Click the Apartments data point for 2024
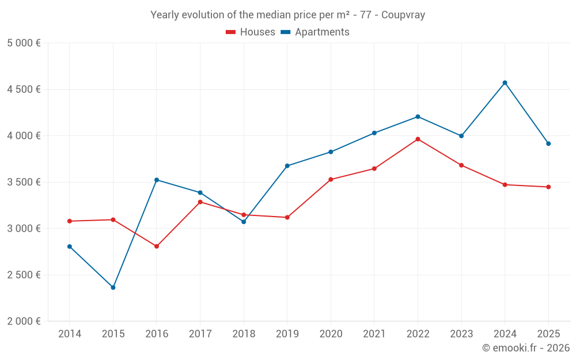pyautogui.click(x=505, y=83)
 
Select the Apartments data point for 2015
pyautogui.click(x=113, y=287)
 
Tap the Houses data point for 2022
pyautogui.click(x=418, y=139)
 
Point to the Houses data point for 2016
pyautogui.click(x=157, y=247)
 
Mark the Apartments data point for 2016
pyautogui.click(x=157, y=180)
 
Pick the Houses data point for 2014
pyautogui.click(x=70, y=221)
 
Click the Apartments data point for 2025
pyautogui.click(x=548, y=143)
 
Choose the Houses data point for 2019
pyautogui.click(x=287, y=217)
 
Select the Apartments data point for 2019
pyautogui.click(x=287, y=166)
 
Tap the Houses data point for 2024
pyautogui.click(x=505, y=185)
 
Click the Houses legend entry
pyautogui.click(x=251, y=32)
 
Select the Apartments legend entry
pyautogui.click(x=315, y=32)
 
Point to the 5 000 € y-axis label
pyautogui.click(x=24, y=43)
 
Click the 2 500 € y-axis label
pyautogui.click(x=24, y=275)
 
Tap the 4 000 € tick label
pyautogui.click(x=24, y=136)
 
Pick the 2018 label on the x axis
pyautogui.click(x=244, y=334)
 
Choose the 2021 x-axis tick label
pyautogui.click(x=374, y=334)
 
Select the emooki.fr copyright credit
pyautogui.click(x=525, y=348)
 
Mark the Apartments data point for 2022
pyautogui.click(x=418, y=117)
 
